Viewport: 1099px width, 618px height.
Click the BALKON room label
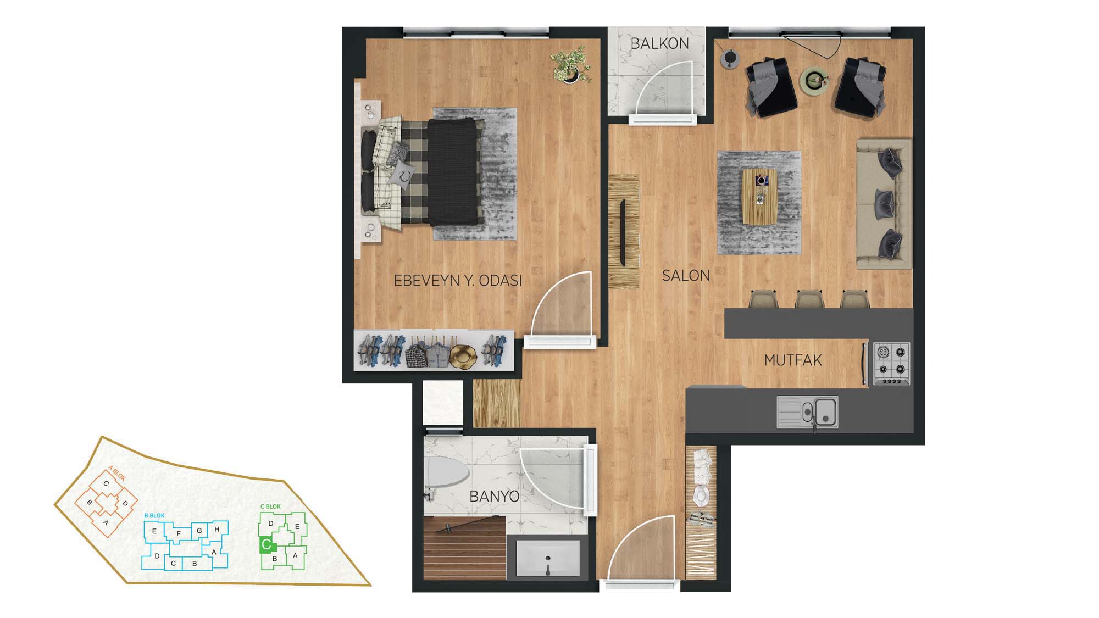(x=659, y=43)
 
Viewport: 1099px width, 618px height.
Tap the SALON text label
(x=686, y=275)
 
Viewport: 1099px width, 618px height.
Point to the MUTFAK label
(x=793, y=360)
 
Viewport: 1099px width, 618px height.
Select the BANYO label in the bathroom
(x=494, y=497)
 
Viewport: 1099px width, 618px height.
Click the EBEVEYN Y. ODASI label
(x=458, y=281)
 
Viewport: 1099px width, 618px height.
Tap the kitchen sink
(x=807, y=412)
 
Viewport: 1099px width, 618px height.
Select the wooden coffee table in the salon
(x=759, y=196)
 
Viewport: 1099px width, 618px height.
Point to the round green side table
(x=813, y=81)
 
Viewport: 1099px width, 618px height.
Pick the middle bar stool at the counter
(x=808, y=299)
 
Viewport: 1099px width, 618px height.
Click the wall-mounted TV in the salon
(x=623, y=233)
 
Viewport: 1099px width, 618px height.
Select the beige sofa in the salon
(x=884, y=204)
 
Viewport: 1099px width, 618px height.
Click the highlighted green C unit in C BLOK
(x=267, y=545)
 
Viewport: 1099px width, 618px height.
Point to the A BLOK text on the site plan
(x=117, y=474)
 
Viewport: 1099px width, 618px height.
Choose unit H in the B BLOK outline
(x=217, y=529)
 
